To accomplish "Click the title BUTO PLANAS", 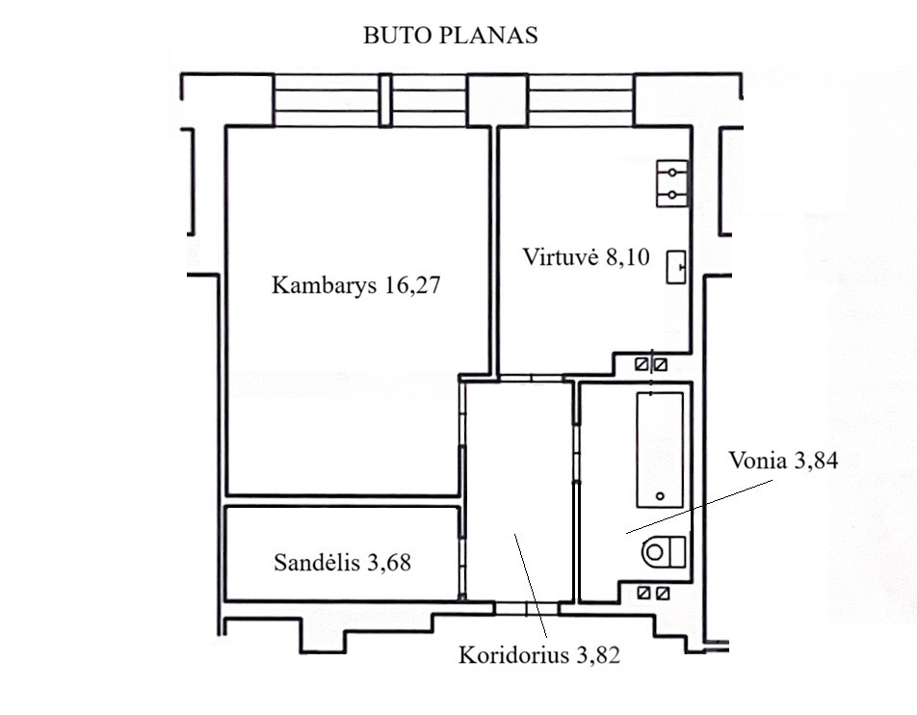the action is click(451, 35).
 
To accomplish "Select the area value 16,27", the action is click(412, 285).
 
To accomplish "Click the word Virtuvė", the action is click(560, 257).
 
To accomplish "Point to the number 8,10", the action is click(627, 257).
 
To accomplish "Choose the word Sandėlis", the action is click(316, 563).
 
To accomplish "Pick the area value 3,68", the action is click(389, 563).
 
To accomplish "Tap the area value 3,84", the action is click(817, 461).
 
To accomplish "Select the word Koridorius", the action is click(513, 654).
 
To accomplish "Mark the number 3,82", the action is click(598, 655).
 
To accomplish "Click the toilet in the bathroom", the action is click(664, 552).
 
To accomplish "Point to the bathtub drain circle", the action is click(660, 496).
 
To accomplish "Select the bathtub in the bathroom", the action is click(660, 450).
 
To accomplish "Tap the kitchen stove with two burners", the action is click(672, 184).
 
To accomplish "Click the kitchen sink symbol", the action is click(676, 267).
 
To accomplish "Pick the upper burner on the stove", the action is click(672, 172).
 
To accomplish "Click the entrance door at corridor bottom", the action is click(526, 608).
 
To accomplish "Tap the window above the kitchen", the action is click(581, 99).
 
